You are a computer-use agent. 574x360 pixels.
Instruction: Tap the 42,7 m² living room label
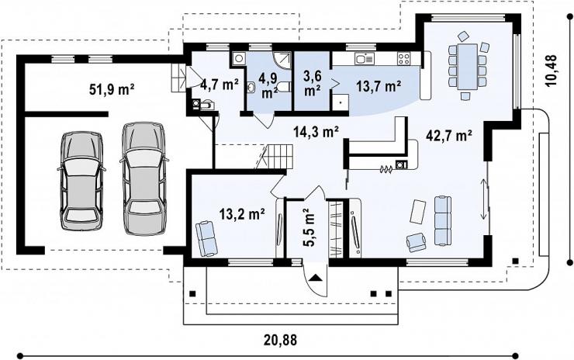pyautogui.click(x=449, y=136)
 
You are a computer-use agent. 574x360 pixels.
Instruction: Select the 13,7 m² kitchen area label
pyautogui.click(x=379, y=86)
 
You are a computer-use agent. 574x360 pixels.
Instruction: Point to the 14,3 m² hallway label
pyautogui.click(x=316, y=131)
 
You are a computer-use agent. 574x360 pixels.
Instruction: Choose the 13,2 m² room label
pyautogui.click(x=242, y=213)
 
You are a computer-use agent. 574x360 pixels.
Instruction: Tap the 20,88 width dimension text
pyautogui.click(x=281, y=340)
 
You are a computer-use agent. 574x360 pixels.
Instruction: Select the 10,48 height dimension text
pyautogui.click(x=551, y=71)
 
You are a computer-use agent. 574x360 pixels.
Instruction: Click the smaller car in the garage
pyautogui.click(x=81, y=181)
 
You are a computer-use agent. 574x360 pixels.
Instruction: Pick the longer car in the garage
pyautogui.click(x=143, y=178)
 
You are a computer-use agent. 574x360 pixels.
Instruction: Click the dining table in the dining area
pyautogui.click(x=467, y=67)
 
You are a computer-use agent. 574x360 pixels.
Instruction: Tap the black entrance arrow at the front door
pyautogui.click(x=316, y=277)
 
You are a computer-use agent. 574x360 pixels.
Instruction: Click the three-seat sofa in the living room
pyautogui.click(x=443, y=220)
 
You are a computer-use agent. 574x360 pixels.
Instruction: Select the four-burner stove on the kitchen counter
pyautogui.click(x=404, y=59)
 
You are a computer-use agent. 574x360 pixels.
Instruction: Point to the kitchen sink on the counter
pyautogui.click(x=364, y=59)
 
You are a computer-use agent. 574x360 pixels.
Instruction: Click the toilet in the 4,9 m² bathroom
pyautogui.click(x=283, y=87)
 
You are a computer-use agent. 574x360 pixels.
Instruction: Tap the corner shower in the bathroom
pyautogui.click(x=282, y=60)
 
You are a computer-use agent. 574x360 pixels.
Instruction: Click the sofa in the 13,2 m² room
pyautogui.click(x=206, y=238)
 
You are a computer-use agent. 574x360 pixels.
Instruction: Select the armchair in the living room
pyautogui.click(x=417, y=242)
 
